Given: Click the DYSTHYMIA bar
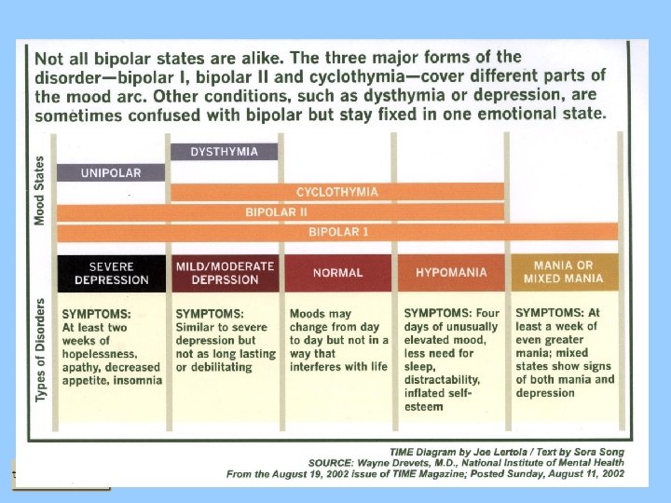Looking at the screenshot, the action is pyautogui.click(x=224, y=152).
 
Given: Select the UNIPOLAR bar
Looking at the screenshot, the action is pyautogui.click(x=110, y=172).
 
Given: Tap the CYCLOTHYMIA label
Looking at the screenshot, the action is pyautogui.click(x=337, y=192).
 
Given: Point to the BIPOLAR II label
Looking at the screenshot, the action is pyautogui.click(x=276, y=211).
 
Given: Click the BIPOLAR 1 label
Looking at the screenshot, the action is pyautogui.click(x=339, y=231).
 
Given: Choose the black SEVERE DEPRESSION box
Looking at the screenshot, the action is pyautogui.click(x=111, y=273).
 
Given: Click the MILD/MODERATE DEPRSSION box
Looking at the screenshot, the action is pyautogui.click(x=225, y=273).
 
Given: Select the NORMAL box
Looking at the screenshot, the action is pyautogui.click(x=337, y=273).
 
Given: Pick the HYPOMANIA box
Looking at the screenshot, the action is pyautogui.click(x=451, y=273).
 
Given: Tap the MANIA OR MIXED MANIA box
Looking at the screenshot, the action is pyautogui.click(x=564, y=272).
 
